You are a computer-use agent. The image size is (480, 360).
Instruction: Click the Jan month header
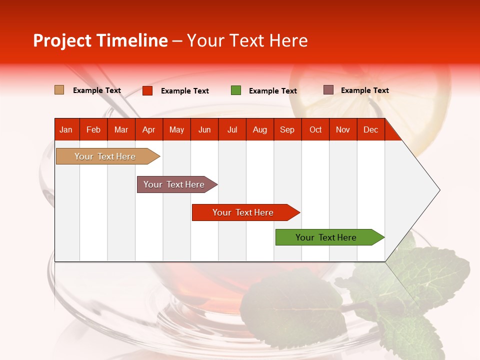(x=66, y=129)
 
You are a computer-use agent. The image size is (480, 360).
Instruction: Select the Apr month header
(x=149, y=129)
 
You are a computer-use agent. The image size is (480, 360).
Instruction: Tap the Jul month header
(x=232, y=129)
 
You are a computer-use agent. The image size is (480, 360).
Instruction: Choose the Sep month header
(x=287, y=129)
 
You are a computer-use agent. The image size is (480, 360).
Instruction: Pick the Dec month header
(x=370, y=129)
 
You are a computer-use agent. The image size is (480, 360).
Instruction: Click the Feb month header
(x=93, y=129)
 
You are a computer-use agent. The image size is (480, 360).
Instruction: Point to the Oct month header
(x=315, y=129)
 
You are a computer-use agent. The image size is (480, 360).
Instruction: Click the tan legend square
(x=59, y=90)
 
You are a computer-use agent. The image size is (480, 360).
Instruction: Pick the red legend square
(x=147, y=90)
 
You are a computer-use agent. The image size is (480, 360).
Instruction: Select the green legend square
(x=236, y=90)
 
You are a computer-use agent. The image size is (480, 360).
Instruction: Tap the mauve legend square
(x=328, y=90)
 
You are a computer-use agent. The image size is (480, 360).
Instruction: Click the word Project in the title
(x=62, y=41)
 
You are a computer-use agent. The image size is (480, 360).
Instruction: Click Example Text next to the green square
(x=272, y=91)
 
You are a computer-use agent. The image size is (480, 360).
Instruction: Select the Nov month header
(x=343, y=129)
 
